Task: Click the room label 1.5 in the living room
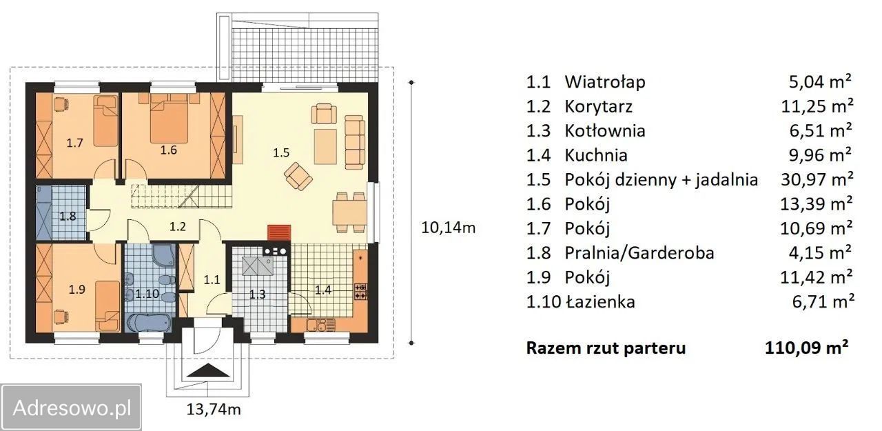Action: [x=281, y=153]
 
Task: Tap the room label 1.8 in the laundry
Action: [x=68, y=214]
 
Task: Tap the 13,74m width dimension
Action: [x=213, y=409]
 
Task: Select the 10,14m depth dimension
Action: [x=448, y=227]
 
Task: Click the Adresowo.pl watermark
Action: [x=72, y=408]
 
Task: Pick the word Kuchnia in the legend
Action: [x=596, y=155]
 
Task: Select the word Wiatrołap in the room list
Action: [x=605, y=82]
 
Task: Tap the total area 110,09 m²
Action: [x=806, y=348]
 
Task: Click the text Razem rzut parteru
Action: [x=606, y=348]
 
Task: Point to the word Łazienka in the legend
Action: [x=599, y=301]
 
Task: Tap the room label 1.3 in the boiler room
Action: [x=257, y=294]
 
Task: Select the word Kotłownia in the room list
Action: [x=605, y=131]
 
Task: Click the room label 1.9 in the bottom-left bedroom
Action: [x=76, y=290]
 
